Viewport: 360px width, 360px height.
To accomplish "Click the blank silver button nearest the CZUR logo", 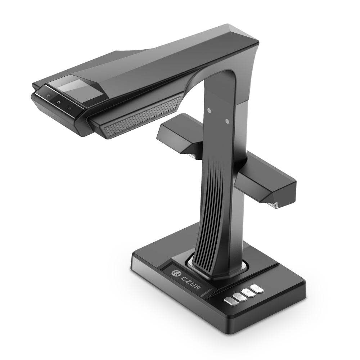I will click(x=229, y=301).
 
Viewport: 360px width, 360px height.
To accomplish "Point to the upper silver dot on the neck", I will click(x=208, y=109).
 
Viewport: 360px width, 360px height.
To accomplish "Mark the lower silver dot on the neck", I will click(x=227, y=121).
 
